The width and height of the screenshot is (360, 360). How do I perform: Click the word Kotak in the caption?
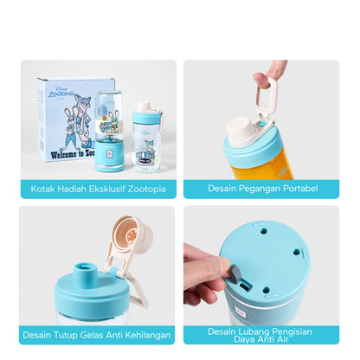click(x=42, y=187)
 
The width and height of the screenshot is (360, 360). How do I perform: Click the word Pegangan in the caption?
click(x=261, y=187)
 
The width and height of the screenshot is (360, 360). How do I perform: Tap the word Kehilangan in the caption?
click(x=146, y=334)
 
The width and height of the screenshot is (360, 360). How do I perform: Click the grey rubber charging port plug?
click(x=231, y=274)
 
